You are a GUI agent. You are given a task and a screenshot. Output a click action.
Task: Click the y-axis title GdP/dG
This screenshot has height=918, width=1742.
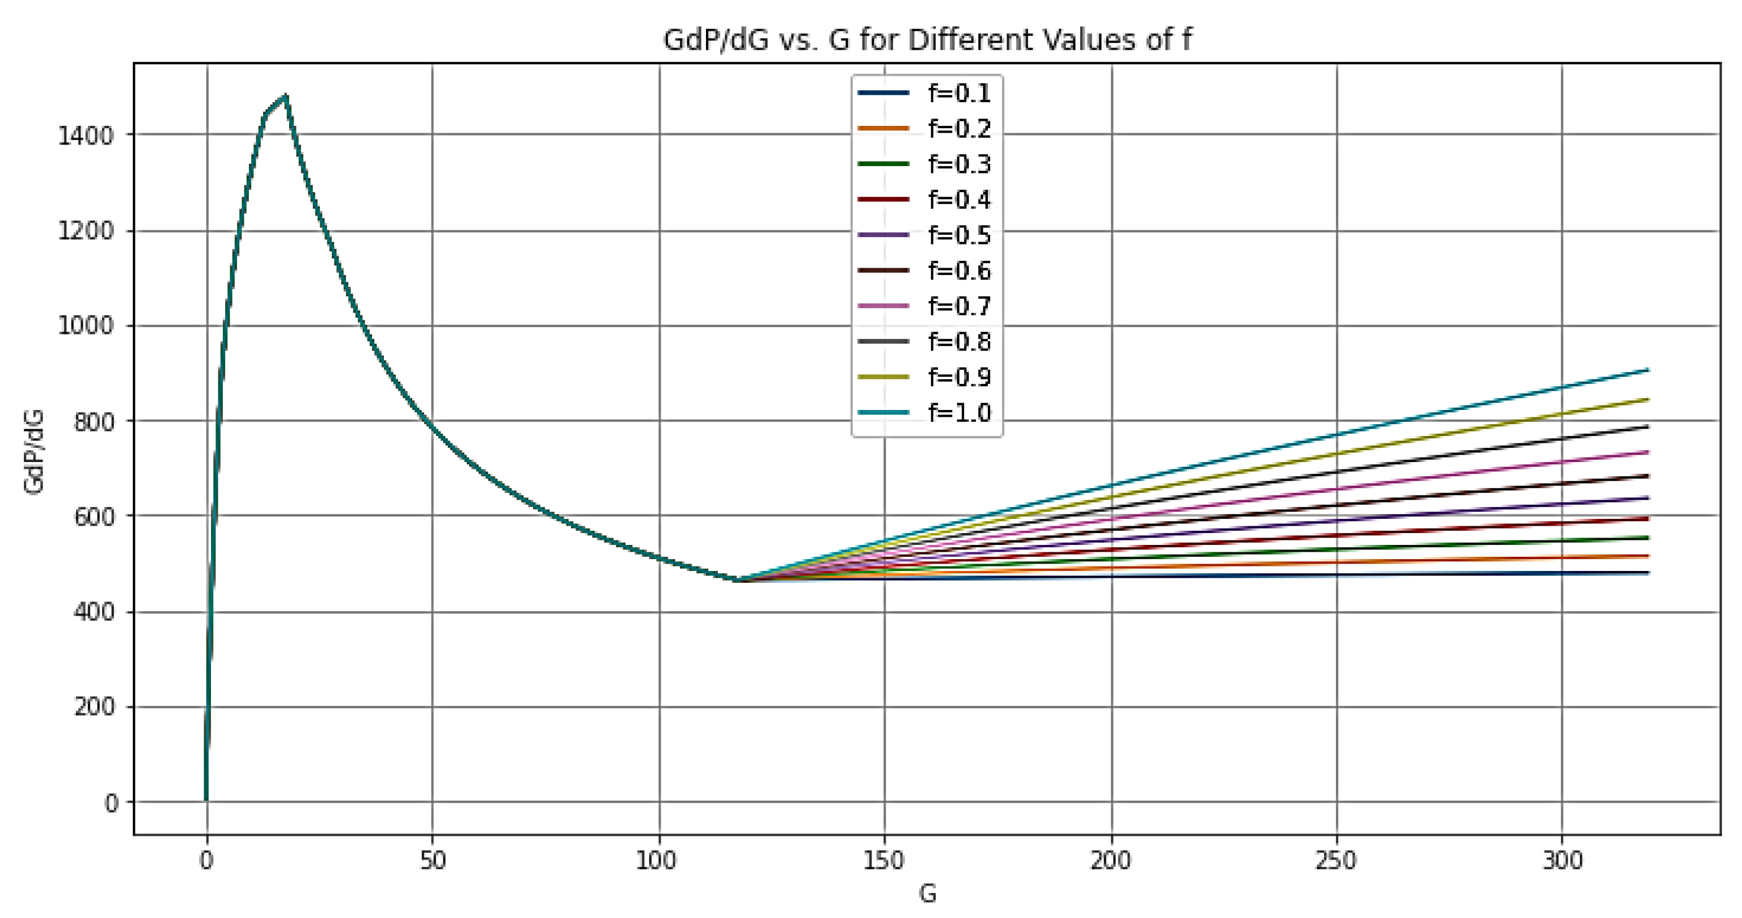[x=34, y=451]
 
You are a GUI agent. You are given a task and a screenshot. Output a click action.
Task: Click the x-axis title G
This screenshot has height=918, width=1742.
[x=927, y=894]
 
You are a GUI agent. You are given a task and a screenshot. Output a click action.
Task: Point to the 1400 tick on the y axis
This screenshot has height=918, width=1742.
[x=85, y=135]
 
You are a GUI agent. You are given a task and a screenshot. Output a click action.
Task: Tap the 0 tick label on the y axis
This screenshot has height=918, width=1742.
[x=111, y=803]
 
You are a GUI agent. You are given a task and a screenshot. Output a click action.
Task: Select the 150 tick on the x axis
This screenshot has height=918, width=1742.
[x=884, y=861]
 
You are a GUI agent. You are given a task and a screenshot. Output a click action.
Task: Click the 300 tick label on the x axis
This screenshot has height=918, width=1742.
[x=1562, y=861]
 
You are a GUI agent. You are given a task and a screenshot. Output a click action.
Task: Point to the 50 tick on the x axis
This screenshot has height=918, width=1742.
[x=432, y=861]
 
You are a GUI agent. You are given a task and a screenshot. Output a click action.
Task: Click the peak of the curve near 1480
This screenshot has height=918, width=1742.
[x=286, y=96]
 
